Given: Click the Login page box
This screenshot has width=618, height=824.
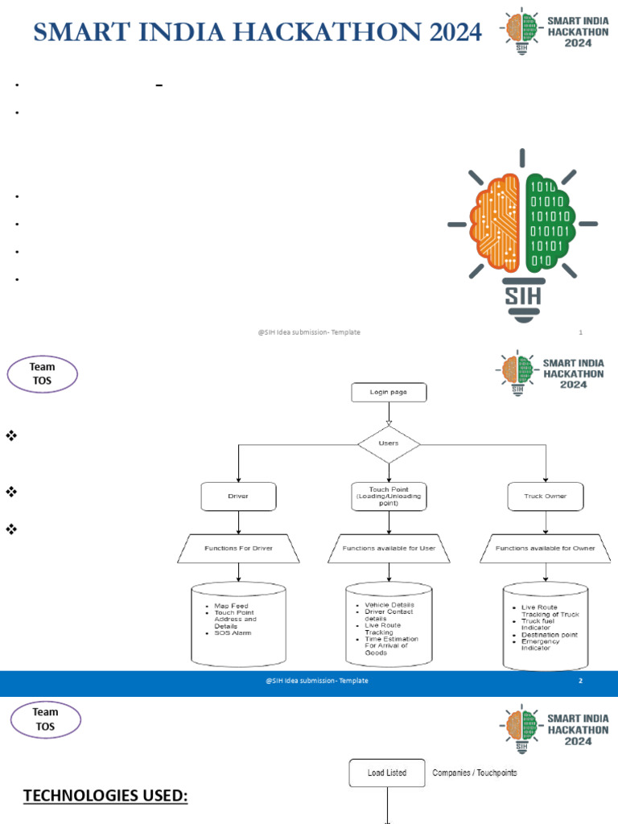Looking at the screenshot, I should click(389, 392).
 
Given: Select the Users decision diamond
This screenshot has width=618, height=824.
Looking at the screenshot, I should click(389, 444).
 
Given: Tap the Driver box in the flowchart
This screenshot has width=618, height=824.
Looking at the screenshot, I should click(238, 496).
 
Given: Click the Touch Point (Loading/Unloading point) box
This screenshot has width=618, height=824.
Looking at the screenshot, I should click(389, 496).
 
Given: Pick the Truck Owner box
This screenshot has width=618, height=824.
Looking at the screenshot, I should click(546, 496).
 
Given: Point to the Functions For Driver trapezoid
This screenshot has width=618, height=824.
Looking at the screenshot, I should click(238, 548).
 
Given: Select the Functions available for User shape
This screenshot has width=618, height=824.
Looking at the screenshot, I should click(389, 548).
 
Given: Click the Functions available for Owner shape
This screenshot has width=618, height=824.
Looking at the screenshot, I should click(546, 548).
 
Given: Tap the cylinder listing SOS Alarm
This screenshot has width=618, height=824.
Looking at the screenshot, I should click(238, 624).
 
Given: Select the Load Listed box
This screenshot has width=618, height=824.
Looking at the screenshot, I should click(387, 773).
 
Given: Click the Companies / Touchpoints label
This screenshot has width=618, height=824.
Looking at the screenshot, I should click(474, 773).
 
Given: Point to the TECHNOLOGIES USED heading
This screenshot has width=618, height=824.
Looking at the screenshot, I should click(105, 797).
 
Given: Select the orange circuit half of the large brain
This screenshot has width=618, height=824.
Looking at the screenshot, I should click(496, 225).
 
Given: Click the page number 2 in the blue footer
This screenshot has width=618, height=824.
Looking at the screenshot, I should click(580, 681).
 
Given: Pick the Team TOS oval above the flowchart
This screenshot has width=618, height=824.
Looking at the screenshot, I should click(43, 375).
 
